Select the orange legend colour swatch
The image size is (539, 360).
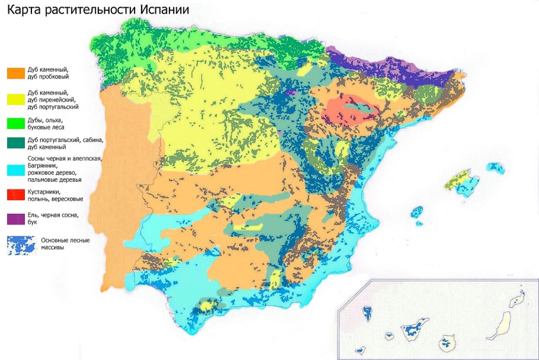point(16,73)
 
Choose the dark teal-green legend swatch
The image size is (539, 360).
point(16,143)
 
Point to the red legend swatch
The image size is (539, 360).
point(16,195)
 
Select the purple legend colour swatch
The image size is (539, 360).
point(16,217)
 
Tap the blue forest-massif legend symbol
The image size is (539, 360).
point(18,245)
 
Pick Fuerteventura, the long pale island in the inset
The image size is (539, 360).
point(504,323)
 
